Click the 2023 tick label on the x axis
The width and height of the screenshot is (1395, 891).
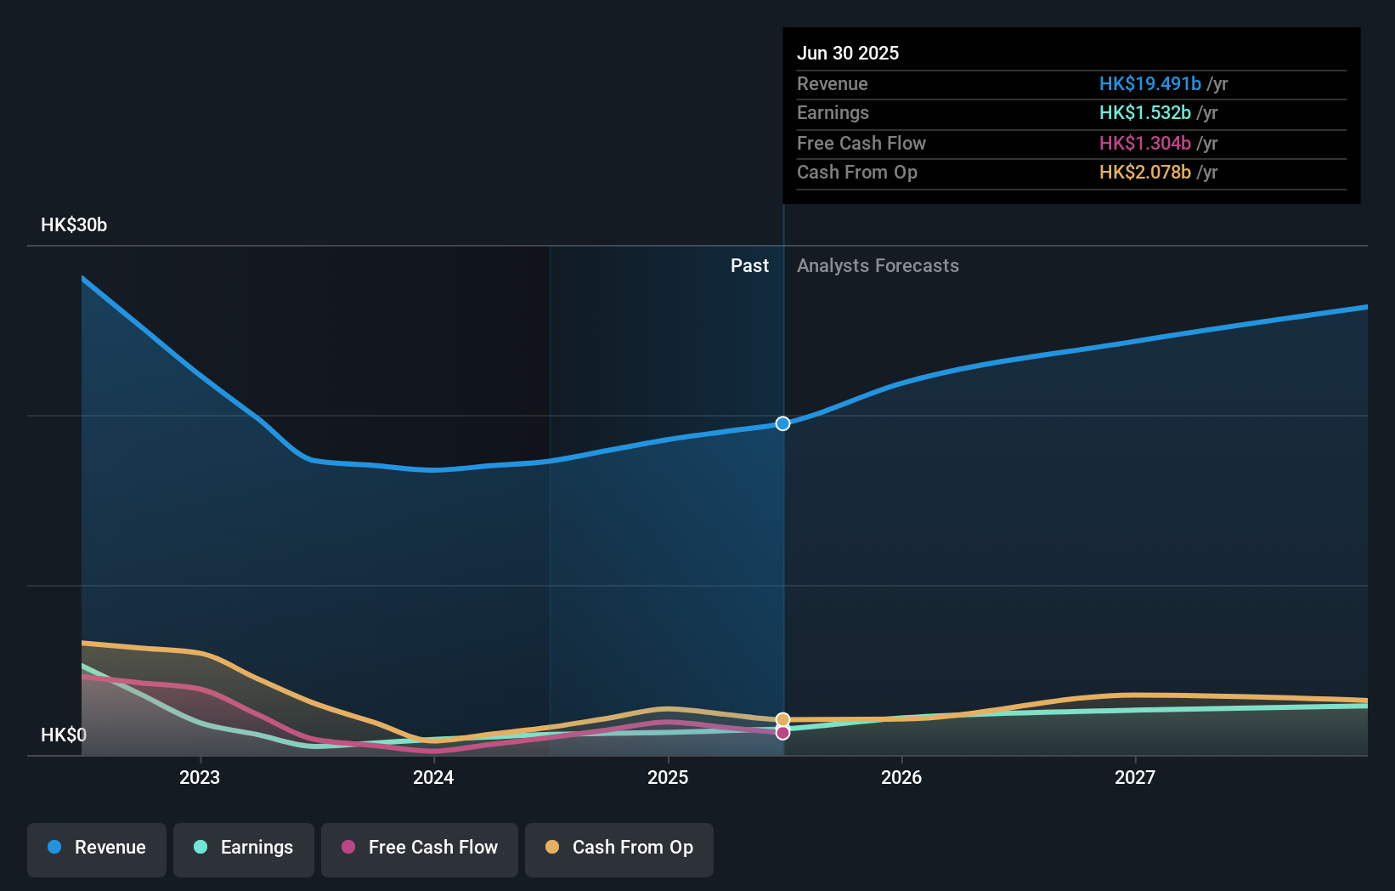[200, 777]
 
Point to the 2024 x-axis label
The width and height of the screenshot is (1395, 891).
[433, 777]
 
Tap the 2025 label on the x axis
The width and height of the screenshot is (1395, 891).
[668, 777]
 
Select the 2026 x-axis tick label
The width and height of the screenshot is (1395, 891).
[901, 777]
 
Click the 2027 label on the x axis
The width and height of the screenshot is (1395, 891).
[1135, 777]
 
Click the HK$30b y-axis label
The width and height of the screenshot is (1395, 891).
[74, 225]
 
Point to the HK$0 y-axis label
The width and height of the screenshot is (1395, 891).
[64, 735]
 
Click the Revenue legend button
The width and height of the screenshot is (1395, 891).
[97, 848]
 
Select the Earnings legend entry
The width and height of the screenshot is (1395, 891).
[244, 848]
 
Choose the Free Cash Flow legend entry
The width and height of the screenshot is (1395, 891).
[420, 848]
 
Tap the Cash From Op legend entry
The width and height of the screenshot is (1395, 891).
[619, 848]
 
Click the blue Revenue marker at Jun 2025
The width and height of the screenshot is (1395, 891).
[782, 423]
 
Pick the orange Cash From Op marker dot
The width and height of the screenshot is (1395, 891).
[782, 719]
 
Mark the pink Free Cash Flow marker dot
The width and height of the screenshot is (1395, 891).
[782, 733]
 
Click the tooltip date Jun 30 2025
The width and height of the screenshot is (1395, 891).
[847, 53]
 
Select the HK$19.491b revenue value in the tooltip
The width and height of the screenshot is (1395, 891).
[1149, 83]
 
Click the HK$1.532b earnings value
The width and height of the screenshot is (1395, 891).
[1144, 113]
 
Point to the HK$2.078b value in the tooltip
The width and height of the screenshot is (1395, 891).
[1144, 173]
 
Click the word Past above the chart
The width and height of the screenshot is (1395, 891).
[749, 266]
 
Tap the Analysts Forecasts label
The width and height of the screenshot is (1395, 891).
[878, 266]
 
